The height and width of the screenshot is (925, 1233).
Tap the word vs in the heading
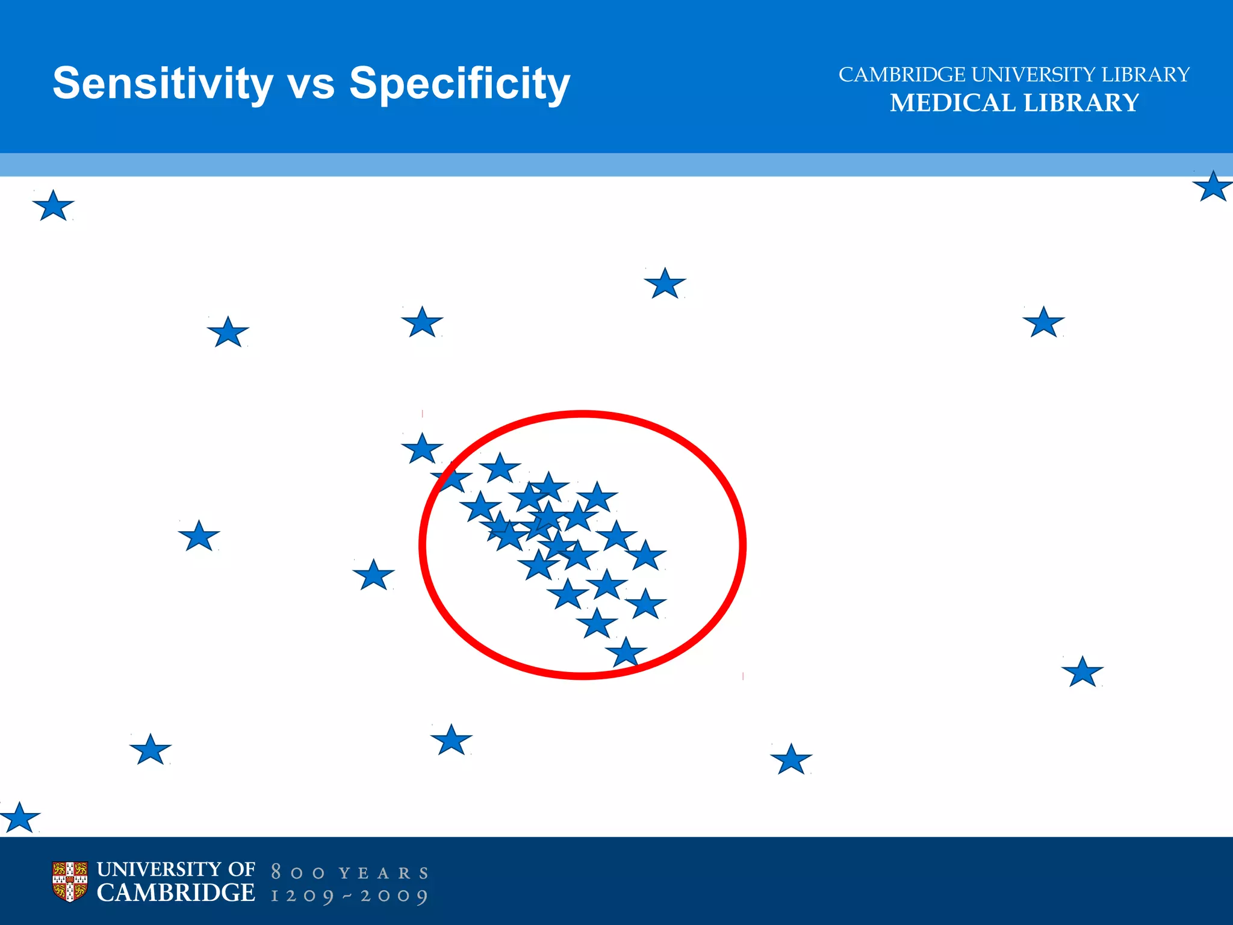pyautogui.click(x=311, y=84)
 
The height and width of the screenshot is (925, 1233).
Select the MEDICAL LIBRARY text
pyautogui.click(x=1014, y=103)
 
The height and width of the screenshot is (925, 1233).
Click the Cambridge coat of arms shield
pyautogui.click(x=70, y=882)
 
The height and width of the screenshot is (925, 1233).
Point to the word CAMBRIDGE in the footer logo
pyautogui.click(x=176, y=893)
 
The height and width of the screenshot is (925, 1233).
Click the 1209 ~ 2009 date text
pyautogui.click(x=350, y=896)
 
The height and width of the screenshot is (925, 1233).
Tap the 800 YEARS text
pyautogui.click(x=350, y=873)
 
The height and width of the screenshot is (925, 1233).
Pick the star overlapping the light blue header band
pyautogui.click(x=1212, y=187)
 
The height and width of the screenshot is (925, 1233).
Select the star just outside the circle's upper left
pyautogui.click(x=422, y=449)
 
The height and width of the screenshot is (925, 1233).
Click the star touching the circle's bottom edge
pyautogui.click(x=626, y=653)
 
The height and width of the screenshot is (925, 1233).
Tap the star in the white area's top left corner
pyautogui.click(x=53, y=207)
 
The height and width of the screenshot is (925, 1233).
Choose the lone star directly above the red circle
pyautogui.click(x=665, y=284)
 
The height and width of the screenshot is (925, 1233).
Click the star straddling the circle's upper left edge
pyautogui.click(x=452, y=479)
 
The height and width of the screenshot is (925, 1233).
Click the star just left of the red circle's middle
pyautogui.click(x=373, y=576)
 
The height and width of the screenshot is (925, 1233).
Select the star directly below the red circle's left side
pyautogui.click(x=451, y=741)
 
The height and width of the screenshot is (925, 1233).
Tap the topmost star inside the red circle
pyautogui.click(x=500, y=469)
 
